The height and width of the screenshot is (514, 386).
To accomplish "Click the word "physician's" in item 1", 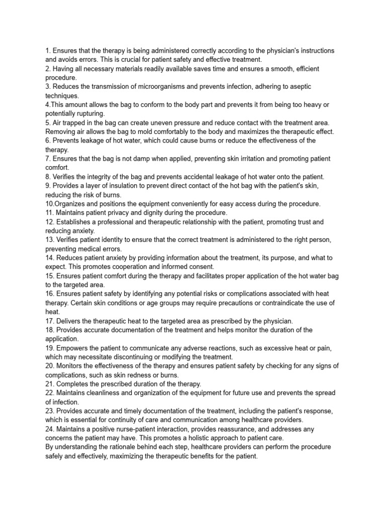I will [274, 51].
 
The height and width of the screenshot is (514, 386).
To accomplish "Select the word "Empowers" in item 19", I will [72, 348].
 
